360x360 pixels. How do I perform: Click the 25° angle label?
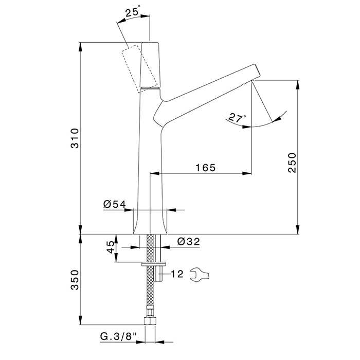[133, 11]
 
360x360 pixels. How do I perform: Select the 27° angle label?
[237, 118]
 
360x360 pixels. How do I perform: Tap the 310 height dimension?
[75, 138]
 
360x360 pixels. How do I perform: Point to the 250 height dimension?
[293, 163]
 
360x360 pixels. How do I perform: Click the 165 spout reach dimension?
[206, 168]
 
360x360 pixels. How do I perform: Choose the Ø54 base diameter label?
[115, 204]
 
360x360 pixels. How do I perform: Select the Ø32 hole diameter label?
[189, 241]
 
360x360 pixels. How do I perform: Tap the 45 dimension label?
[111, 247]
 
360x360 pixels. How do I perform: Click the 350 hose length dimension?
[75, 280]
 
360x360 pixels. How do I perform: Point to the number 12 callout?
[177, 274]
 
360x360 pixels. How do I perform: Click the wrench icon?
[200, 274]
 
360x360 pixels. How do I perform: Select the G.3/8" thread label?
[118, 336]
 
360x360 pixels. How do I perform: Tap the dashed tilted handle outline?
[139, 69]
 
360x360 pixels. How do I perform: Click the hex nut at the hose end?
[150, 321]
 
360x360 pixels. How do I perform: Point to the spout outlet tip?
[253, 81]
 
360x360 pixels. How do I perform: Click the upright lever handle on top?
[150, 65]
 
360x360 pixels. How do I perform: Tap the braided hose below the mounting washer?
[150, 287]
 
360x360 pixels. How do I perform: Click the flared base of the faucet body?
[150, 222]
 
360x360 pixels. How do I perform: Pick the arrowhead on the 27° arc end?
[277, 118]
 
